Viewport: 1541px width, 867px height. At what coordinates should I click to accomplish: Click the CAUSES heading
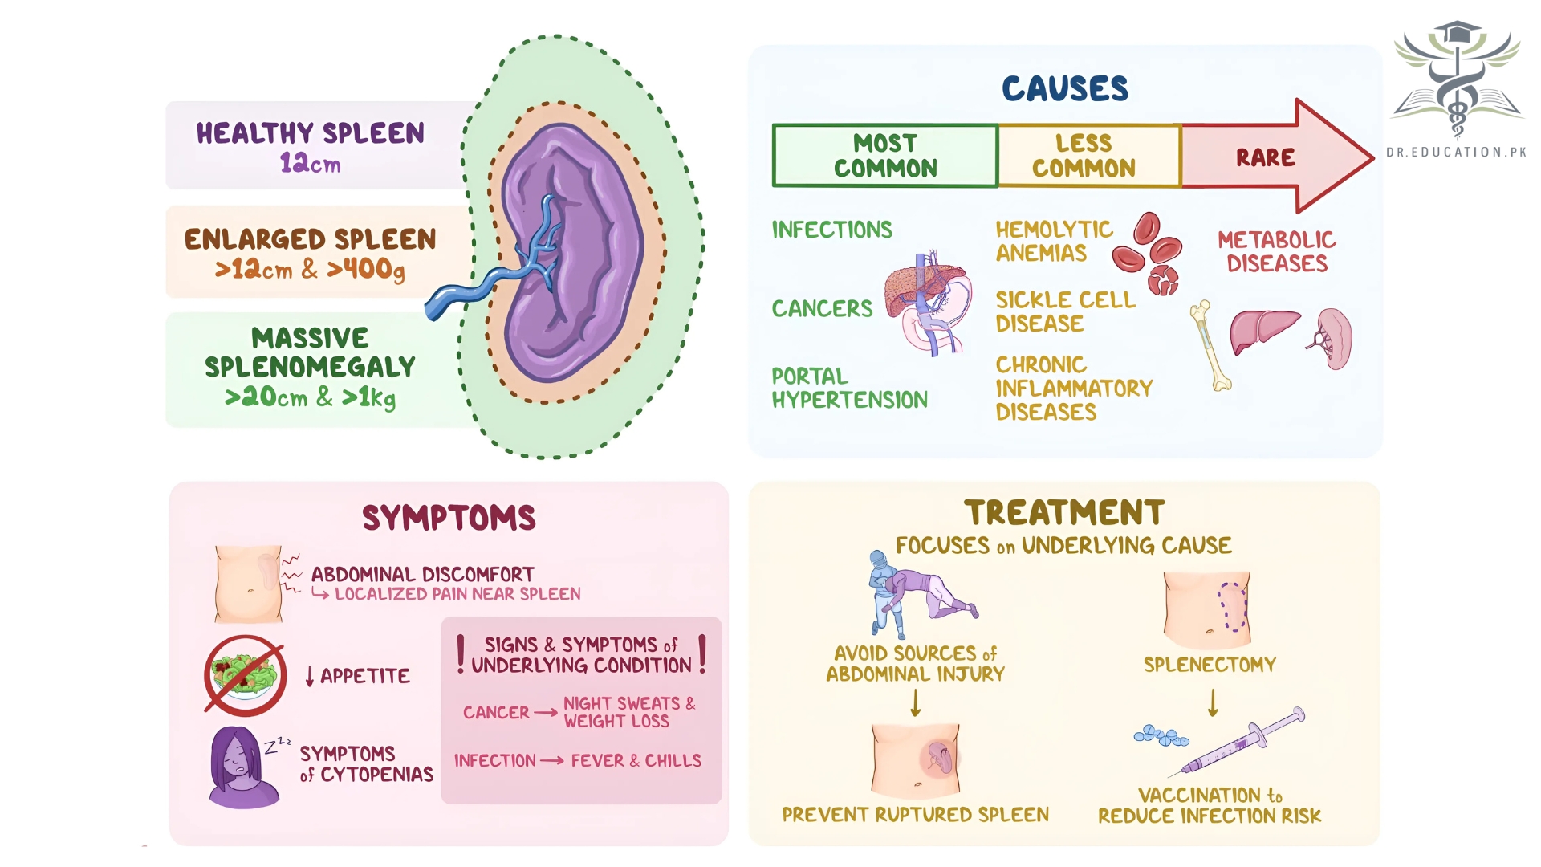(x=1064, y=88)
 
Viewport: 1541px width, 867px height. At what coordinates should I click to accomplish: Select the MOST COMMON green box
(x=885, y=156)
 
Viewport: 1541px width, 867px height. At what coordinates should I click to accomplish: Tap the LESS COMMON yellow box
(x=1084, y=156)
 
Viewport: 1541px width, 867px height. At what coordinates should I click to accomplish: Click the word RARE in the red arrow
(x=1265, y=157)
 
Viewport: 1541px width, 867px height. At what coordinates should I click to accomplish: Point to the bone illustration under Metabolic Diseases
(x=1210, y=345)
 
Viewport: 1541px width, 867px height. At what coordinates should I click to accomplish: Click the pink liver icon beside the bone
(x=1262, y=330)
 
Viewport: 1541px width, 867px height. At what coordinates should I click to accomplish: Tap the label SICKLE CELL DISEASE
(x=1065, y=311)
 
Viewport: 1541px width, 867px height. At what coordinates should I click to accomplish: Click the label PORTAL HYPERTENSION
(x=849, y=388)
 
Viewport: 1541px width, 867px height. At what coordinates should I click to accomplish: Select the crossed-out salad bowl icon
(x=246, y=675)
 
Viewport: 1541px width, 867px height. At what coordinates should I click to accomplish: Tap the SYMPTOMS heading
(x=449, y=518)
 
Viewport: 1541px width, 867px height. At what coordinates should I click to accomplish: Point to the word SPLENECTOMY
(x=1210, y=665)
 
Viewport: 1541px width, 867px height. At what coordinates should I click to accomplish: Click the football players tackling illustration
(x=919, y=594)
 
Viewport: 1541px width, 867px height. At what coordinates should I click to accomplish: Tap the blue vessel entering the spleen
(x=482, y=285)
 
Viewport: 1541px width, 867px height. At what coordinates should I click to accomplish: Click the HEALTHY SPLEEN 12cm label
(x=311, y=147)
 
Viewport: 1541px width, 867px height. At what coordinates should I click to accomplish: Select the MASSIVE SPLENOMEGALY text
(x=310, y=367)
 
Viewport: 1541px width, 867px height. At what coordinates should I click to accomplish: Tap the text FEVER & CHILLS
(x=636, y=761)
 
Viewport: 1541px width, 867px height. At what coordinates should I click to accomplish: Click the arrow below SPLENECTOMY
(x=1213, y=702)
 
